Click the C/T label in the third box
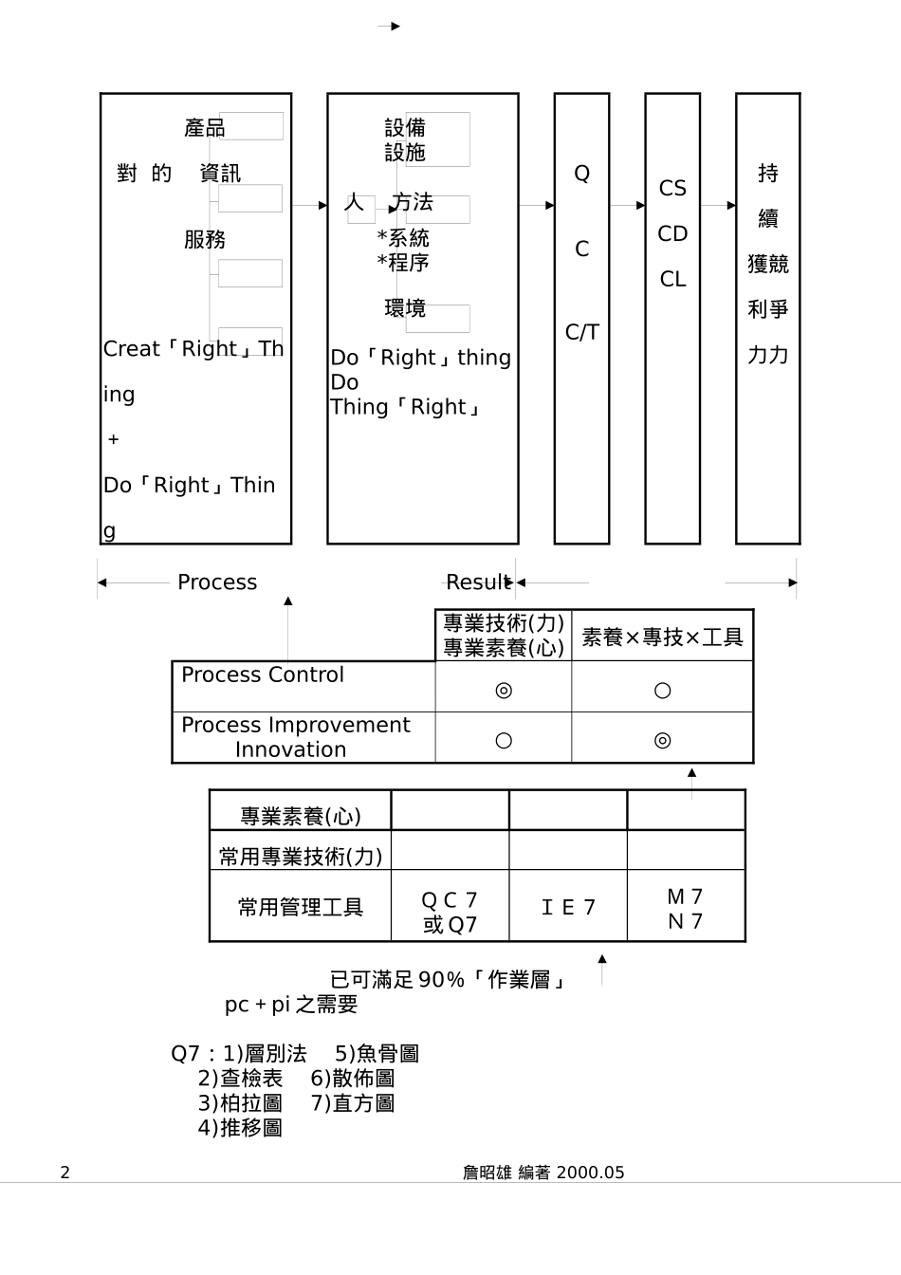582,332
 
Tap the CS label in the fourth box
672,189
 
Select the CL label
672,280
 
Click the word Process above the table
217,582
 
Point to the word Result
478,582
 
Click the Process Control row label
263,675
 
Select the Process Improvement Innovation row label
295,737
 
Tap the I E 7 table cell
568,908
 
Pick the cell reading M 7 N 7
685,909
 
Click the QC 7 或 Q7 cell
450,912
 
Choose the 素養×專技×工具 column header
662,637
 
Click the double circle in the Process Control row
504,691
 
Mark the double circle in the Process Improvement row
662,741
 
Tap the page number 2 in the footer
64,1173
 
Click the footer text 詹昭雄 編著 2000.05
543,1173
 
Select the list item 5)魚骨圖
377,1054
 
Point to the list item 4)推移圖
240,1128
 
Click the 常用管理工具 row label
300,908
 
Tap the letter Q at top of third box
582,174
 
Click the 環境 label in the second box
405,308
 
